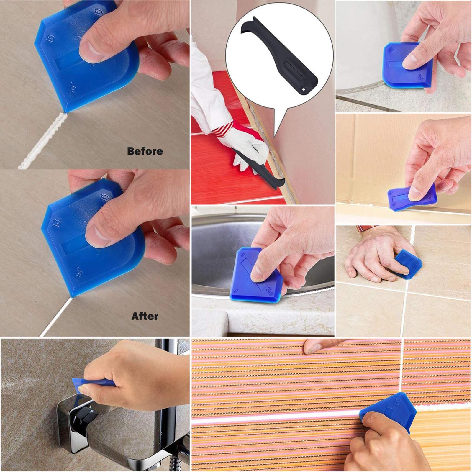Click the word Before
coord(145,151)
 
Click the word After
coord(145,316)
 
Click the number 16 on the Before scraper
coord(51,38)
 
